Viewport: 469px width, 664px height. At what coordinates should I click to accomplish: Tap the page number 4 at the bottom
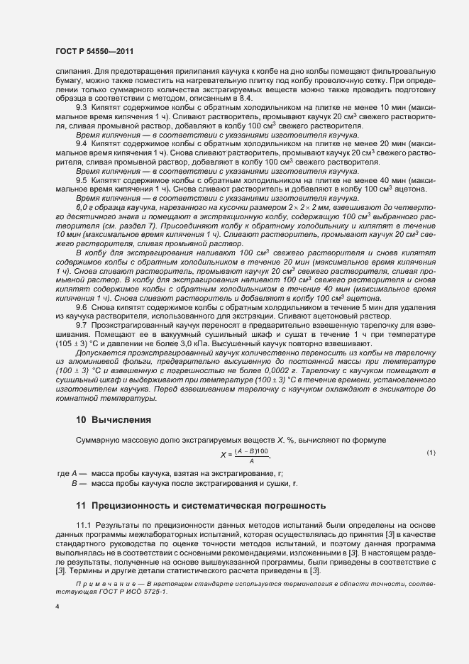click(57, 607)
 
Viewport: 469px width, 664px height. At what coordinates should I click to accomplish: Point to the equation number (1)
click(431, 453)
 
